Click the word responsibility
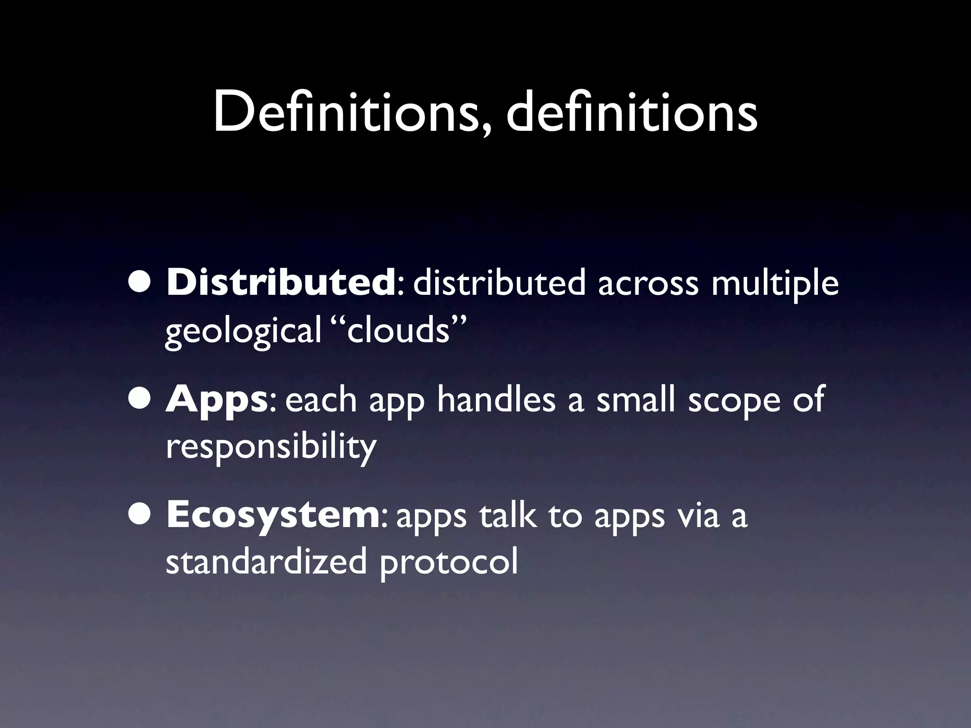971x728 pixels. click(271, 447)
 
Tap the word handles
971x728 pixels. click(495, 400)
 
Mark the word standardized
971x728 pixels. click(266, 562)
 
